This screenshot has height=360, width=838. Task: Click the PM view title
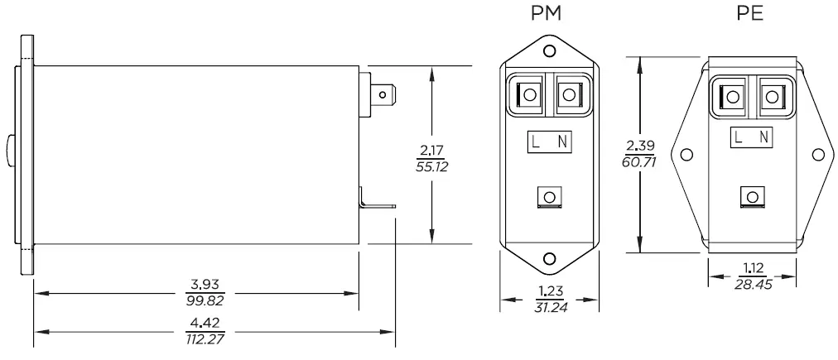coord(549,16)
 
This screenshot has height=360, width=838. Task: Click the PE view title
coord(751,16)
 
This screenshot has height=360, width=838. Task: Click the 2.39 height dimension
coord(638,146)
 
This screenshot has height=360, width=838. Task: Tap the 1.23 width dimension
coord(550,291)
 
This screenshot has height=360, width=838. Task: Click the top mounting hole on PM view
coord(549,52)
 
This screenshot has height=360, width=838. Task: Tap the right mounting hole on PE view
coord(817,155)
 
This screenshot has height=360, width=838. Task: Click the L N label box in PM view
coord(548,142)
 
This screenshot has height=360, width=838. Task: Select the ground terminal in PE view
coord(752,197)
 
